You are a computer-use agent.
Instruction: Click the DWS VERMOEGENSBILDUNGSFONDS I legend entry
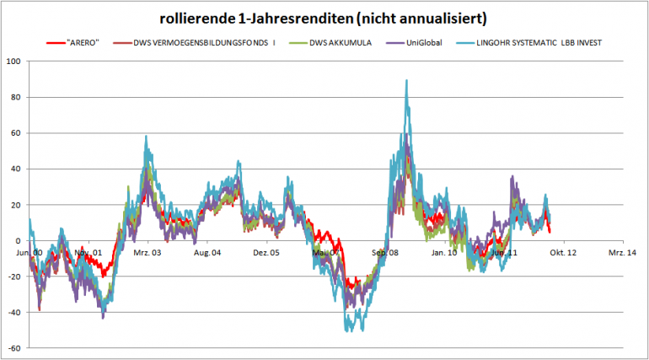coord(201,41)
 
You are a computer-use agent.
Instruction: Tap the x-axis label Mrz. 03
coord(147,251)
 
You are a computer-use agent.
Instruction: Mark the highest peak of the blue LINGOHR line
coord(406,81)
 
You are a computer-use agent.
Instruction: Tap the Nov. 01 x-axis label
coord(88,251)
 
